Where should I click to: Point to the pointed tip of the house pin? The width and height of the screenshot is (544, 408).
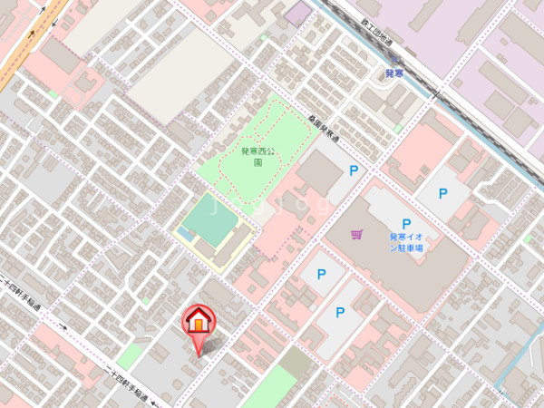point(199,355)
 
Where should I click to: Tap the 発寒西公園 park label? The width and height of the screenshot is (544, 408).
point(264,157)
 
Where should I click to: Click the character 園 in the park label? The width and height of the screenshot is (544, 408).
point(258,163)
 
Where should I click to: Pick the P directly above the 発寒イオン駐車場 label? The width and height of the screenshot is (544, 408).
point(407,223)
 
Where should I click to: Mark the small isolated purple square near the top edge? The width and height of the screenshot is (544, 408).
point(297,13)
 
